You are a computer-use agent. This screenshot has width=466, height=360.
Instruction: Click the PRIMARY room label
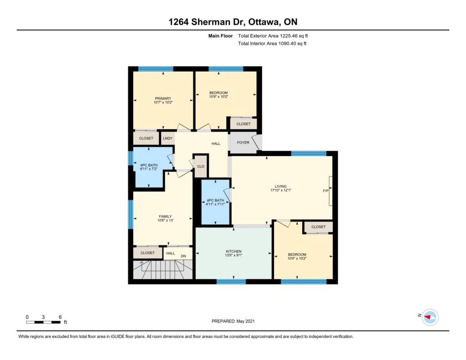coord(163,98)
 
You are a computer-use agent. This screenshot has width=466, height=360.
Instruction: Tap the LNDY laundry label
coord(167,138)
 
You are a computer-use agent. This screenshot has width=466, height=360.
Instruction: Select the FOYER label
coord(243,142)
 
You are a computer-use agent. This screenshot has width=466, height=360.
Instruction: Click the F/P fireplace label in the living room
coord(326,191)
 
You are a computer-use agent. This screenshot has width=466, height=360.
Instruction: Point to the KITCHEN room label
coord(233,251)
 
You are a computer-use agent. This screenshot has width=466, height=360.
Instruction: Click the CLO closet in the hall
coord(201,167)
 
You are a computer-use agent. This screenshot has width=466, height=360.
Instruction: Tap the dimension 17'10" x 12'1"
coord(280,190)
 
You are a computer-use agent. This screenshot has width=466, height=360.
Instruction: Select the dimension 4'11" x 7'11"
coord(215,204)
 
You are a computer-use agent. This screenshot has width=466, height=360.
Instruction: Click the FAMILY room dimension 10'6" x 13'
coord(165,220)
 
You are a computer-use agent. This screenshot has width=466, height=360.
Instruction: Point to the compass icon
coord(430,317)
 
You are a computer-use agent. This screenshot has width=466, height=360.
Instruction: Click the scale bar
coord(43,322)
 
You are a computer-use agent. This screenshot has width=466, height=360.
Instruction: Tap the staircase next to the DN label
coord(163,269)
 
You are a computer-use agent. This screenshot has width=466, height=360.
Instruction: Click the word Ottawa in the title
coord(263,22)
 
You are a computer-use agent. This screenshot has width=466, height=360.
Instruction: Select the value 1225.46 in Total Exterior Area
coord(289,36)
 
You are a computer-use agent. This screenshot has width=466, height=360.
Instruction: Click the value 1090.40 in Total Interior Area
coord(287,43)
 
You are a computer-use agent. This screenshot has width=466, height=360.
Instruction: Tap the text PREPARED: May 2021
coord(233,321)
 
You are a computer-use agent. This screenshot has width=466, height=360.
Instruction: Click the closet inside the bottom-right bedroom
coord(318,227)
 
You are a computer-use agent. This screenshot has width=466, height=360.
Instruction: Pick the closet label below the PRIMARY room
coord(146,138)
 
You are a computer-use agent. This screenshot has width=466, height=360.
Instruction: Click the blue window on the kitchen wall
coord(231,282)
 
